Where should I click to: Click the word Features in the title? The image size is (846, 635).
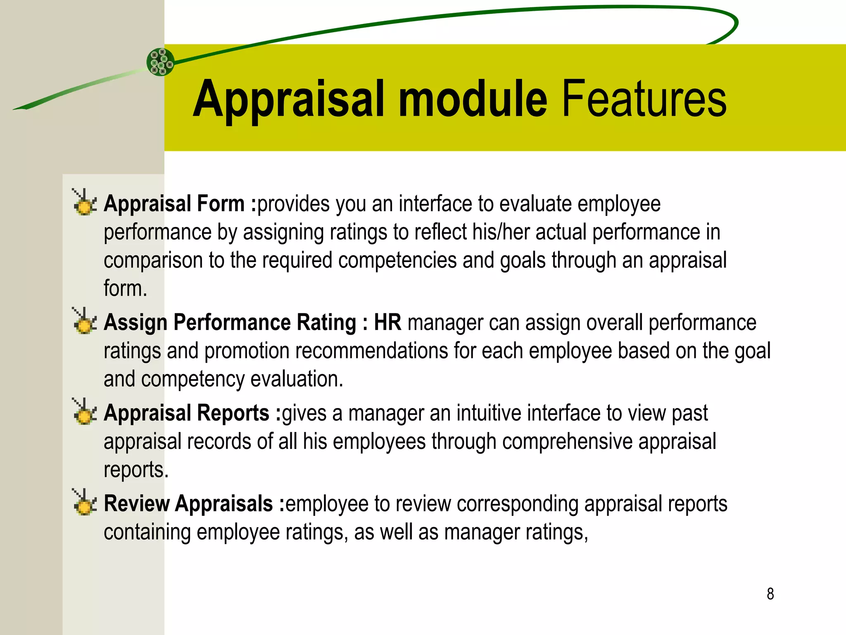coord(644,99)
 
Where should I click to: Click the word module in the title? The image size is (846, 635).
coord(473,99)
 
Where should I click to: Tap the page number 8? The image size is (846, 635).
coord(770,594)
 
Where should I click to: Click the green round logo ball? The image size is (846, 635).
coord(161,62)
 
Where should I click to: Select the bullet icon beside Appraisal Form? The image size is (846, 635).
coord(84,203)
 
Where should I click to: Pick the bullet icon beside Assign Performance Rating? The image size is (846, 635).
coord(84,321)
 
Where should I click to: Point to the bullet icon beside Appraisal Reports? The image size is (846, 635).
coord(84,412)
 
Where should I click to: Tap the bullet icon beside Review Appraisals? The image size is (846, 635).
coord(84,503)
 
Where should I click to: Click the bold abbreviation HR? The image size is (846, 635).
coord(387,322)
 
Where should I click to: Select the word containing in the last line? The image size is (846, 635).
coord(147,532)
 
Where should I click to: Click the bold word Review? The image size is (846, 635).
coord(136,504)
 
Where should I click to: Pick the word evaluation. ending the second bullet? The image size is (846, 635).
coord(297,379)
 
